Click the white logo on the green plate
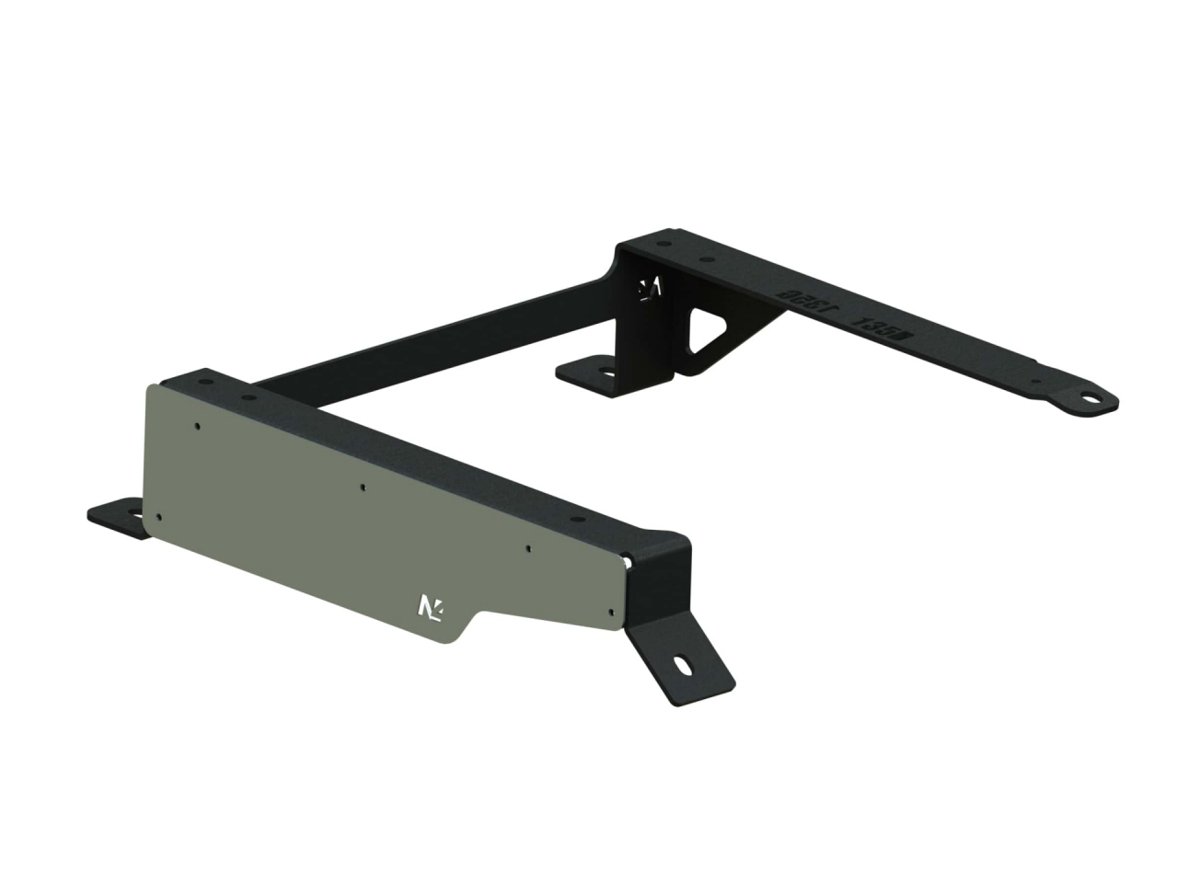(x=430, y=607)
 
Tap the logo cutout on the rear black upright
(x=651, y=288)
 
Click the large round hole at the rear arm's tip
(x=1091, y=400)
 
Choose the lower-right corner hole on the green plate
(x=612, y=609)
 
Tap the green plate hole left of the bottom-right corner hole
(x=529, y=549)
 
